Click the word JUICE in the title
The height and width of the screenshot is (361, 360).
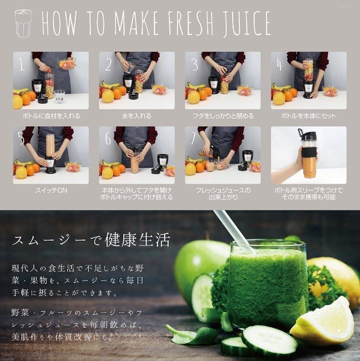pyautogui.click(x=247, y=23)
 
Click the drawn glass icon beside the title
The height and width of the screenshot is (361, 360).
pyautogui.click(x=24, y=23)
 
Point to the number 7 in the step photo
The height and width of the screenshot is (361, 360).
pyautogui.click(x=193, y=138)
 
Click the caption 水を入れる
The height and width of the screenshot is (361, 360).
pyautogui.click(x=137, y=116)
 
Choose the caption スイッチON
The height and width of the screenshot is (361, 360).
pyautogui.click(x=51, y=190)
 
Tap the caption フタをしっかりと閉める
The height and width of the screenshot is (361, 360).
pyautogui.click(x=223, y=116)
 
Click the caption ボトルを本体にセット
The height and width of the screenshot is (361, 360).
pyautogui.click(x=308, y=116)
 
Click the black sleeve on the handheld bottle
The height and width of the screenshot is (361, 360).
pyautogui.click(x=309, y=152)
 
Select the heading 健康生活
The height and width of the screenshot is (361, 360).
pyautogui.click(x=137, y=240)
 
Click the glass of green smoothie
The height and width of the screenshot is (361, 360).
pyautogui.click(x=268, y=286)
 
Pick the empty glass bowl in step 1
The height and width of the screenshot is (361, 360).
pyautogui.click(x=60, y=96)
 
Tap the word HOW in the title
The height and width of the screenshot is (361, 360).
pyautogui.click(x=59, y=23)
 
